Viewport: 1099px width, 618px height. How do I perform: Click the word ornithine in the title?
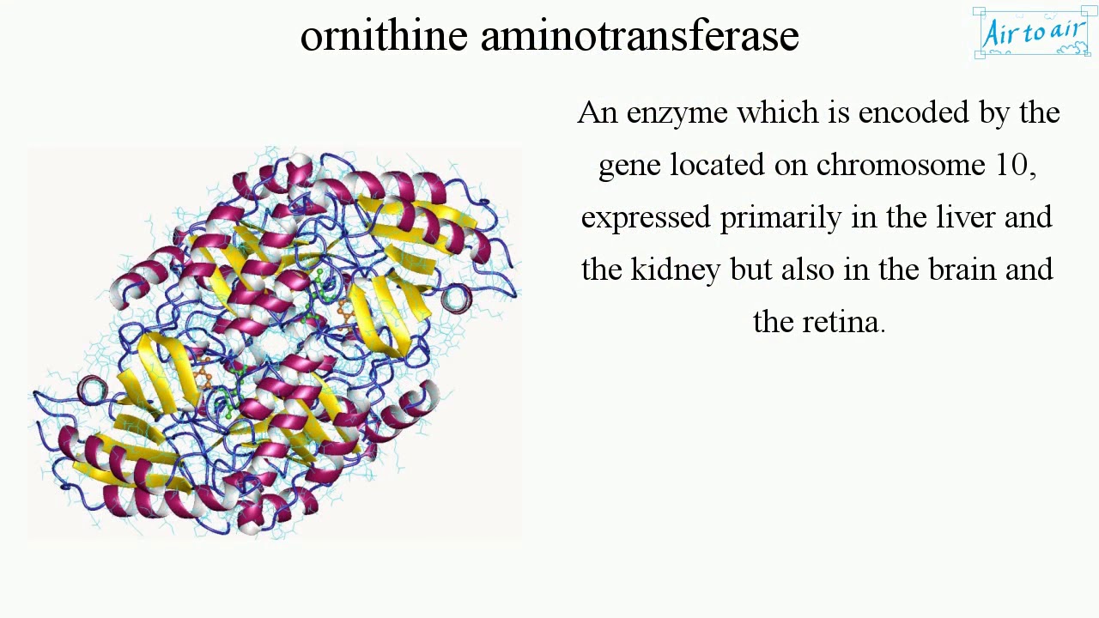(x=383, y=36)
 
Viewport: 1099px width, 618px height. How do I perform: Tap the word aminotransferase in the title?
(x=639, y=36)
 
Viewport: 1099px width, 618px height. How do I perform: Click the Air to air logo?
(x=1032, y=33)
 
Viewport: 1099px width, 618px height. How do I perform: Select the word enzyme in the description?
(x=677, y=113)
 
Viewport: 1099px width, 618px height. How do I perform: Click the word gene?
(x=629, y=166)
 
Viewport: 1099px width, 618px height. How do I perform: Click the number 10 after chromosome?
(x=1011, y=165)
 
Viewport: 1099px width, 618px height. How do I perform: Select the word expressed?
(x=646, y=218)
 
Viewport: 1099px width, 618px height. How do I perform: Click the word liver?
(x=966, y=217)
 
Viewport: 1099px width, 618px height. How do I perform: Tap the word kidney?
(x=676, y=270)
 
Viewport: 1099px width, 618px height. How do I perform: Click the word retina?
(x=841, y=322)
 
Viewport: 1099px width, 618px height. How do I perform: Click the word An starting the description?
(x=598, y=113)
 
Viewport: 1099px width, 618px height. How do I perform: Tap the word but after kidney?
(x=750, y=270)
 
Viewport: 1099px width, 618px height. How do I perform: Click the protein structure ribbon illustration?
(x=275, y=343)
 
